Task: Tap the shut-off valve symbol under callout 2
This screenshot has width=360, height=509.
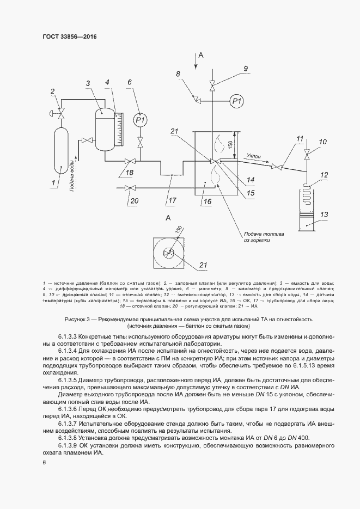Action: [x=62, y=114]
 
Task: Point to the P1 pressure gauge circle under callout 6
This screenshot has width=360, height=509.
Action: [x=141, y=119]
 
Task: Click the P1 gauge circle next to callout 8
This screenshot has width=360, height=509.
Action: [x=236, y=101]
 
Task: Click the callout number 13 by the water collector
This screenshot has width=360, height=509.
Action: [x=324, y=215]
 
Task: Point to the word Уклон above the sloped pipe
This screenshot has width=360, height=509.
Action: [x=253, y=156]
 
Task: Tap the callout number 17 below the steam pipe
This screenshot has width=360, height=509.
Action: [x=172, y=200]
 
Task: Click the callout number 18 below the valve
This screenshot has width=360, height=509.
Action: [x=130, y=173]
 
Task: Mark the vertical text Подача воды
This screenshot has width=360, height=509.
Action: [x=72, y=176]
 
